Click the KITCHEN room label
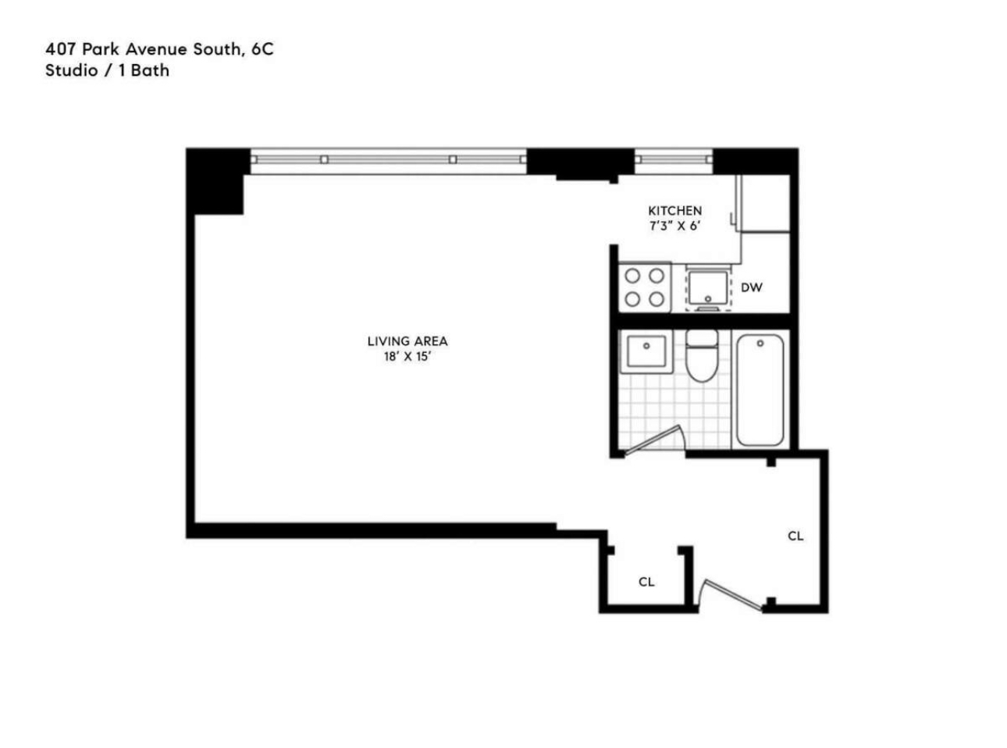[x=674, y=211]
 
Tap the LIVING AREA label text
[x=407, y=341]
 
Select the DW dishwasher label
[x=751, y=287]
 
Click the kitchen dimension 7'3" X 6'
[x=674, y=226]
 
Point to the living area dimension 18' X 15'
[x=407, y=357]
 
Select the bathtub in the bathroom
[x=760, y=390]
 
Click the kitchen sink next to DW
[x=709, y=287]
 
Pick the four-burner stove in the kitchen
[x=645, y=287]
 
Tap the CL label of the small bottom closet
[x=646, y=582]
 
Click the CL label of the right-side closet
[x=795, y=536]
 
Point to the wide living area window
[x=388, y=159]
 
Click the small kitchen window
[x=673, y=159]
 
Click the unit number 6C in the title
[x=262, y=49]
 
